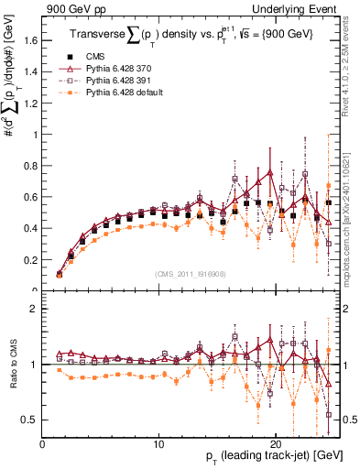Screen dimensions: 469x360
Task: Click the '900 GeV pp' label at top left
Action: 71,9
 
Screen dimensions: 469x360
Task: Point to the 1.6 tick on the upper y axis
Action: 31,40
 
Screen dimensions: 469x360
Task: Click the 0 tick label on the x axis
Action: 43,444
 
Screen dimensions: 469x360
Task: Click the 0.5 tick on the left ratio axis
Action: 31,420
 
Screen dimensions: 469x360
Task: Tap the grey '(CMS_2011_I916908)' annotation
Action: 191,274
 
